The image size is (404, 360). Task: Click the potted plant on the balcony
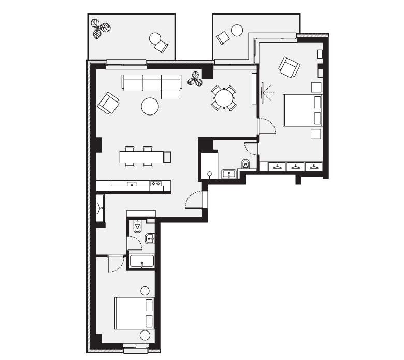(x=99, y=28)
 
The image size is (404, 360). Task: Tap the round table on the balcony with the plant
(x=154, y=38)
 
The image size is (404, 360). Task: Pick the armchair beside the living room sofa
(x=108, y=103)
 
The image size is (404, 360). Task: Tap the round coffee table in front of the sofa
(x=150, y=106)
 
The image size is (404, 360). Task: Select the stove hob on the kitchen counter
(x=156, y=183)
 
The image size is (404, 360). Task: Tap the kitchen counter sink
(x=132, y=184)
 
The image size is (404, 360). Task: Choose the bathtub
(x=142, y=261)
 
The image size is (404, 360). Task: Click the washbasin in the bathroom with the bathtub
(x=150, y=239)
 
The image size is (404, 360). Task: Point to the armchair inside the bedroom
(x=289, y=66)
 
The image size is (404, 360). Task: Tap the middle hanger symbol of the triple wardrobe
(x=295, y=167)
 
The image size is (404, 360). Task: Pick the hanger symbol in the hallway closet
(x=100, y=208)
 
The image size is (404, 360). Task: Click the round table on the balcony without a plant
(x=237, y=30)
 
